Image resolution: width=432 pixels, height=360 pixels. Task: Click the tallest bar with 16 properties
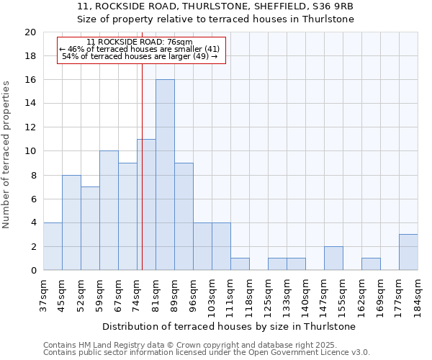pyautogui.click(x=165, y=175)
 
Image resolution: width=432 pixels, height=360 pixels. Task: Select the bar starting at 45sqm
pyautogui.click(x=71, y=222)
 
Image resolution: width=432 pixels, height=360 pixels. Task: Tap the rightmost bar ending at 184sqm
pyautogui.click(x=408, y=253)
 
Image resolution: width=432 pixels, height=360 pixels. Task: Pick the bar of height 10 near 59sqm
pyautogui.click(x=109, y=211)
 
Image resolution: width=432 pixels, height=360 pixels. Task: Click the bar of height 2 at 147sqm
pyautogui.click(x=333, y=258)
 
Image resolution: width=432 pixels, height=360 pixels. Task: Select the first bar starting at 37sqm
pyautogui.click(x=53, y=247)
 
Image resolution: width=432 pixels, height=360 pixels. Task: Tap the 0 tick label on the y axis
pyautogui.click(x=32, y=271)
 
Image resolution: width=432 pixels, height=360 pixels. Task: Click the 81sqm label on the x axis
pyautogui.click(x=156, y=295)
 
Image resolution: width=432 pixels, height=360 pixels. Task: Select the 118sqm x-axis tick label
pyautogui.click(x=249, y=297)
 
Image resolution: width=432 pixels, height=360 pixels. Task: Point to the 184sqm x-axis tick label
pyautogui.click(x=418, y=297)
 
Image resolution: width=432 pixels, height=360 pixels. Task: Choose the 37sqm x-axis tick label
pyautogui.click(x=43, y=295)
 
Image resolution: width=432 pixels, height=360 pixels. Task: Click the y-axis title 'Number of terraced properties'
pyautogui.click(x=7, y=155)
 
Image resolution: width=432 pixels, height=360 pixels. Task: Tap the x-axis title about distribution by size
pyautogui.click(x=230, y=326)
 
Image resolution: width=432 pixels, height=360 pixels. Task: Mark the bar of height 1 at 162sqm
pyautogui.click(x=371, y=264)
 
